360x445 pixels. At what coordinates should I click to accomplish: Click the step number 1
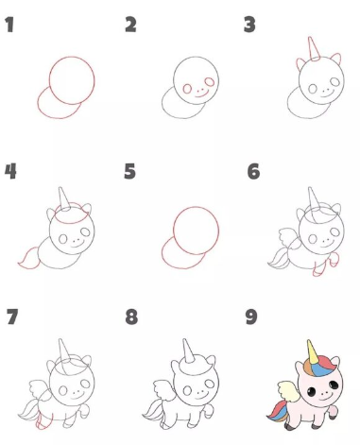click(x=9, y=25)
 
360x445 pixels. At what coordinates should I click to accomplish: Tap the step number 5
click(x=129, y=171)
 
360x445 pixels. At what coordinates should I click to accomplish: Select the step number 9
click(x=251, y=317)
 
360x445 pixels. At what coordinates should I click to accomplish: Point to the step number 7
click(x=12, y=317)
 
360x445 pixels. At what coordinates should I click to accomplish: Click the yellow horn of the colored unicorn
click(x=312, y=351)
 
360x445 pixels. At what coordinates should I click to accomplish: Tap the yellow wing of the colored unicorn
click(x=287, y=390)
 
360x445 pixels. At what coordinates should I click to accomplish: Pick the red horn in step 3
click(x=314, y=48)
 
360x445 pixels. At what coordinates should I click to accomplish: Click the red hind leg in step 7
click(x=43, y=420)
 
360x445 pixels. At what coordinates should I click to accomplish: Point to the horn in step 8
click(x=188, y=351)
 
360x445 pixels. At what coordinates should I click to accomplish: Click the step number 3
click(x=249, y=25)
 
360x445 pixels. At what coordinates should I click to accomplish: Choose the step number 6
click(x=253, y=171)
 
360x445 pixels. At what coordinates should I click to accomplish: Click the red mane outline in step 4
click(x=72, y=213)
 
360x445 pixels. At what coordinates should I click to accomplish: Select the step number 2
click(x=130, y=25)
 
